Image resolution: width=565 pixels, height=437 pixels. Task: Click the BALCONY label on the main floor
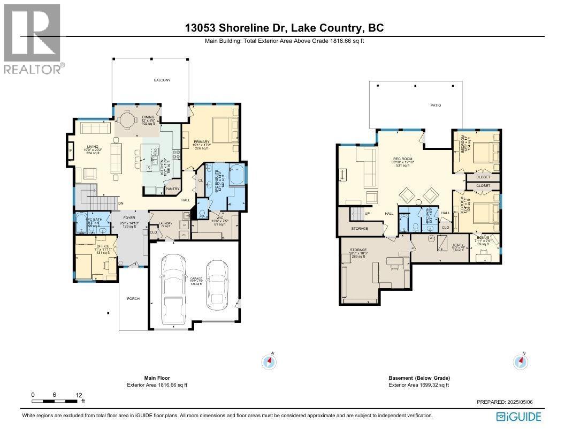coord(162,80)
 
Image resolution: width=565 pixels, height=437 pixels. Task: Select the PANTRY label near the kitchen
coord(172,189)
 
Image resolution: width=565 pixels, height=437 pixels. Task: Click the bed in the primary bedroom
coord(224,130)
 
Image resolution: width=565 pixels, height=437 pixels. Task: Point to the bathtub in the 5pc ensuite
coord(235,176)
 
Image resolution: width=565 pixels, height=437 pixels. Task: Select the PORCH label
coord(133,299)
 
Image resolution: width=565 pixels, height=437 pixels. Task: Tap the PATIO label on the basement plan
coord(436,106)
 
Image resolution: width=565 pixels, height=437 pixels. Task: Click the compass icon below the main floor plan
coord(269,362)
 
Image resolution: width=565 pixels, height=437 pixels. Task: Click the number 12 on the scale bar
coord(79,395)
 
